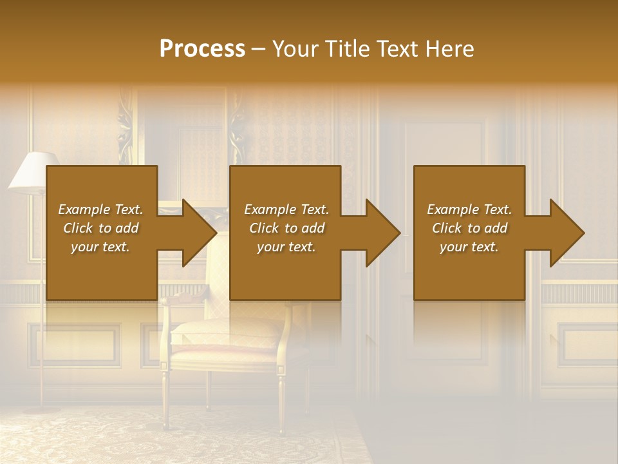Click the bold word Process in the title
202,49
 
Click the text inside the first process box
100,228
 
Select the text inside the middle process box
286,228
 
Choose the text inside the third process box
469,228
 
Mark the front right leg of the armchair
281,400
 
